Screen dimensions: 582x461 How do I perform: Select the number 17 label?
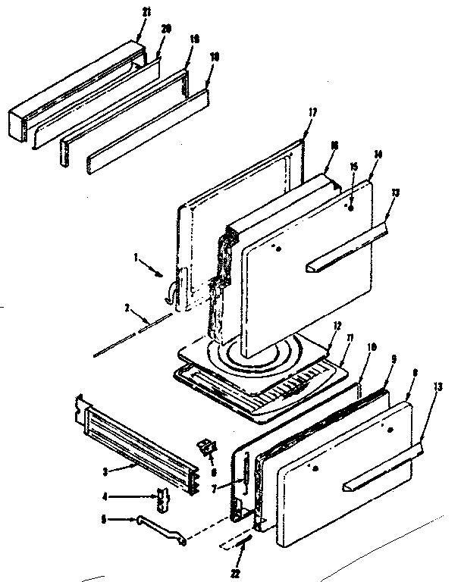pyautogui.click(x=313, y=112)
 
